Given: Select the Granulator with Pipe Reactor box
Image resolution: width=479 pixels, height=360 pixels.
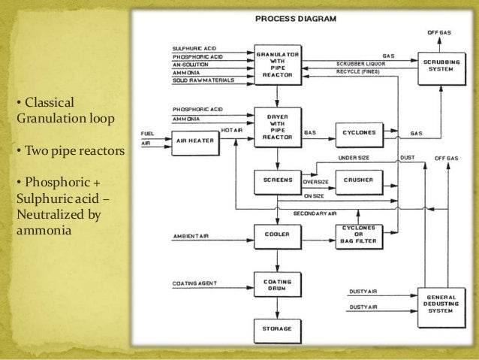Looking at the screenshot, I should point(278,66).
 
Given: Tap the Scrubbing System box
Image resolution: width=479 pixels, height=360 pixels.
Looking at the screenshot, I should point(438,65).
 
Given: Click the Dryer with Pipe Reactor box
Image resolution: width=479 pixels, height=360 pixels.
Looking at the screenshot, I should point(278,128).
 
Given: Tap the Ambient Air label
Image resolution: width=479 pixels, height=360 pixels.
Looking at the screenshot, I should point(191,239).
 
